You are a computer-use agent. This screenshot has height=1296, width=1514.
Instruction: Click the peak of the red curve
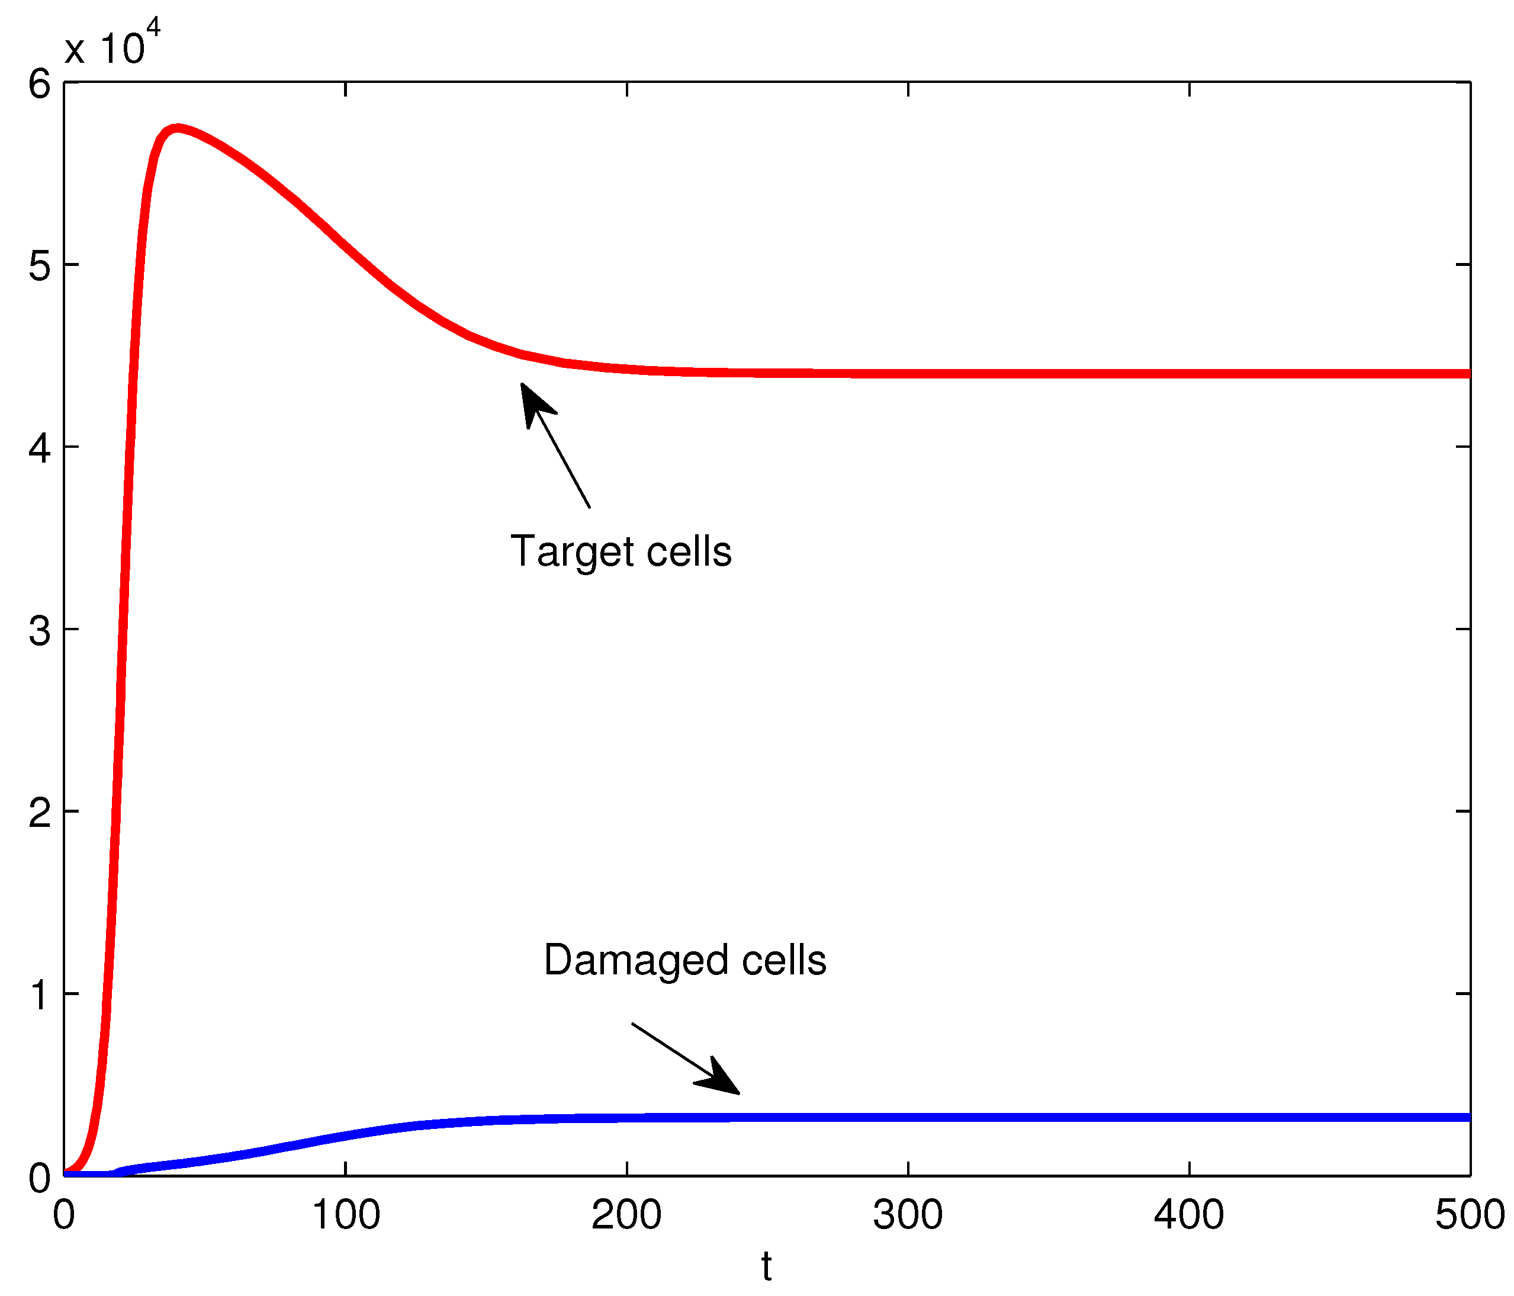coord(177,129)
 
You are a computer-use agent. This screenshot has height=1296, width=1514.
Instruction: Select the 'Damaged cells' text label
coord(684,960)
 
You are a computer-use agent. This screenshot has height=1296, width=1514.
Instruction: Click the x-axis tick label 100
coord(346,1215)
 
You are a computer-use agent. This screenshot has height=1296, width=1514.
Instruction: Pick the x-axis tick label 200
coord(626,1215)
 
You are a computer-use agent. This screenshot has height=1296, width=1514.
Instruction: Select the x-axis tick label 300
coord(908,1215)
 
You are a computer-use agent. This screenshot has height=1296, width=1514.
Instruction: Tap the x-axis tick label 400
coord(1189,1215)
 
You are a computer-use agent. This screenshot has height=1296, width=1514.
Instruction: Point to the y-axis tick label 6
coord(40,84)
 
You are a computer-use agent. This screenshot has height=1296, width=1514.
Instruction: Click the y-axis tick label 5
coord(40,265)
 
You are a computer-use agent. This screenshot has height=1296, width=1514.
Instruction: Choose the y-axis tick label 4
coord(40,447)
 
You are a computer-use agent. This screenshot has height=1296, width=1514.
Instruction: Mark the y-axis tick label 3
coord(40,630)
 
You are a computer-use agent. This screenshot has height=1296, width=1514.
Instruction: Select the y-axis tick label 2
coord(40,811)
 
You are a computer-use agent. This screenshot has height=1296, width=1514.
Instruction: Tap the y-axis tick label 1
coord(40,994)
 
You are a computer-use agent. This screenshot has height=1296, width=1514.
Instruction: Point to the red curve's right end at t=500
coord(1467,374)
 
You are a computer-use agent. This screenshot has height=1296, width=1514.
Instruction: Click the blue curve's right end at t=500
coord(1467,1118)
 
